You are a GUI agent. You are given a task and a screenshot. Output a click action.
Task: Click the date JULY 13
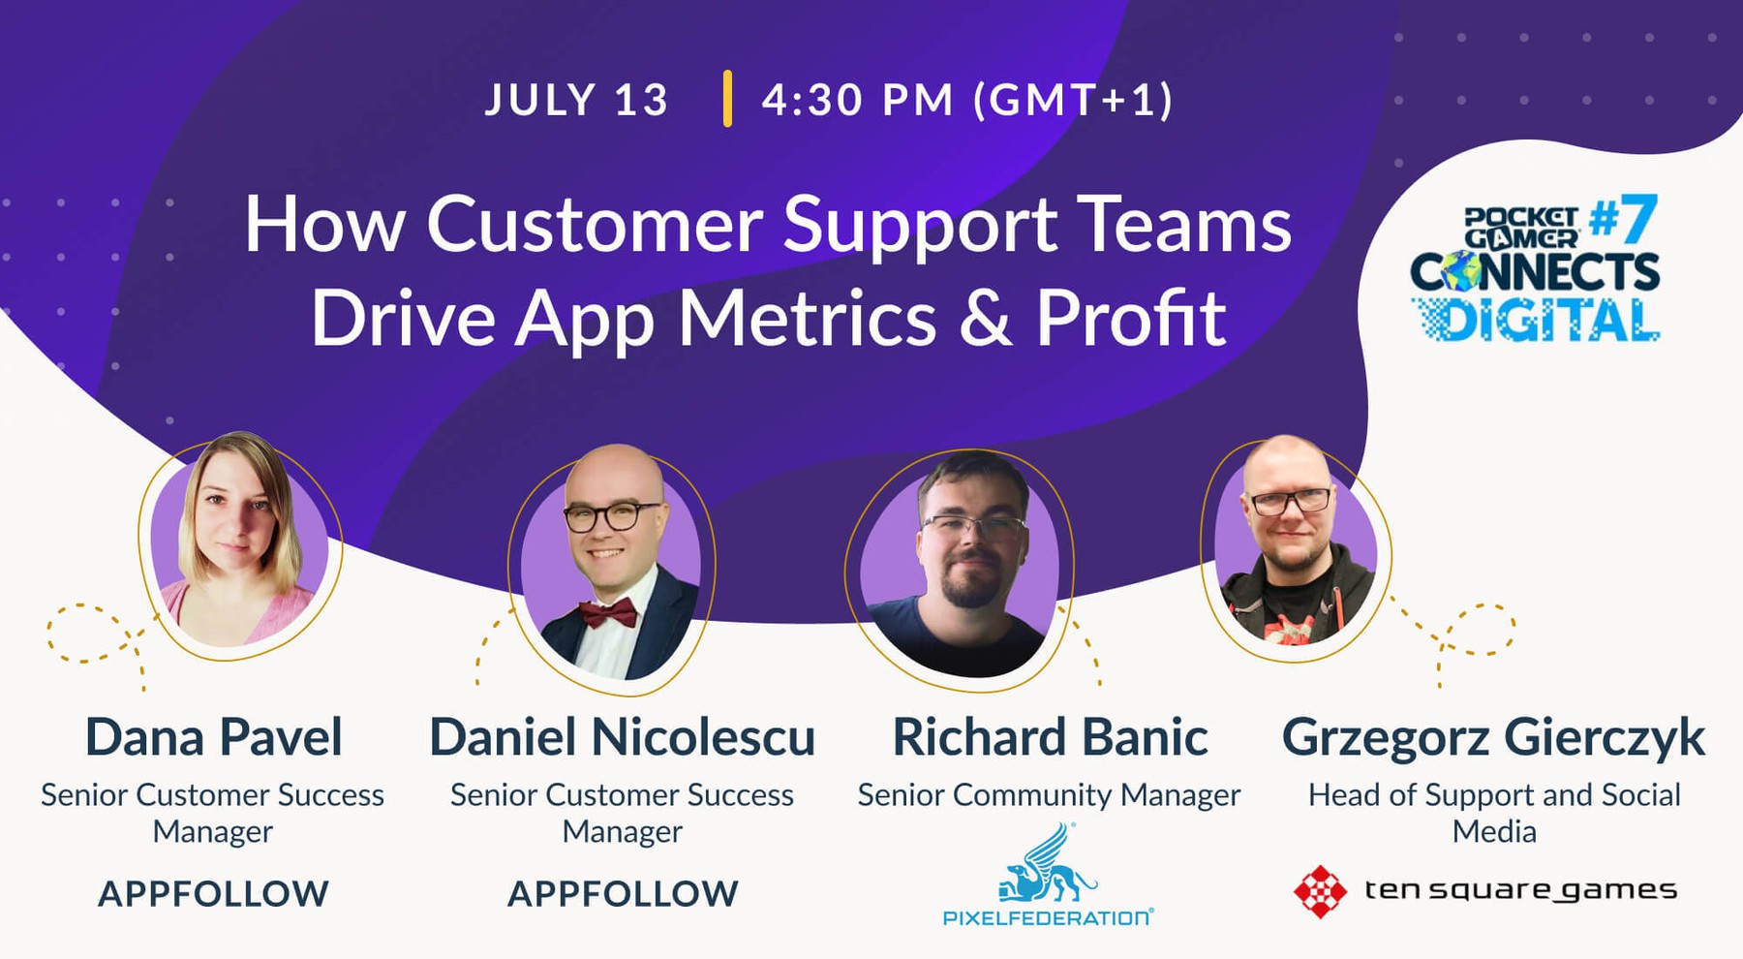(576, 100)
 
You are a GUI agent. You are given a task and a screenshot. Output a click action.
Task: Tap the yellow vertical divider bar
(727, 99)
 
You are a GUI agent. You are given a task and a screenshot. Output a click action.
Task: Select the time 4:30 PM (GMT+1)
(967, 100)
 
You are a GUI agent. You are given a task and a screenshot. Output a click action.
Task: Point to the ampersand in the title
(986, 320)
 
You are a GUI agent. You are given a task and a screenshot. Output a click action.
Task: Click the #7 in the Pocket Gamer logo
(1623, 219)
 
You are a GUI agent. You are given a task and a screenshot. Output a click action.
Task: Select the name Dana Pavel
(214, 737)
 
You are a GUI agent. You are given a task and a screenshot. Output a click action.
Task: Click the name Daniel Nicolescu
(623, 737)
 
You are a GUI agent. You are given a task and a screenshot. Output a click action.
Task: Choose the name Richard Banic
(1050, 737)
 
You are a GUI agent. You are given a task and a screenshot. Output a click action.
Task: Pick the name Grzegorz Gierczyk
(1493, 738)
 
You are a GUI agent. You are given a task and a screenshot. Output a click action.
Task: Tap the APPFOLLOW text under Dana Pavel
(213, 893)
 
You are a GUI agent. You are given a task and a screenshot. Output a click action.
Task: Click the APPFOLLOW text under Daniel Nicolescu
(623, 893)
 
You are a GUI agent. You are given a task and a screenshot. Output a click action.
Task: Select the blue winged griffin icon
(1049, 862)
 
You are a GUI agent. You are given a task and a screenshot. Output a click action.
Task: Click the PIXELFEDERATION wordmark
(1049, 917)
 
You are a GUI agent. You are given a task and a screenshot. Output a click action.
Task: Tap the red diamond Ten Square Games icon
(1320, 891)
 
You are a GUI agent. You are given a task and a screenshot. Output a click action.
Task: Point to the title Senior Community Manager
(1049, 795)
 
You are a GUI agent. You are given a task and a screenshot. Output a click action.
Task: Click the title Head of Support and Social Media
(1494, 813)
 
